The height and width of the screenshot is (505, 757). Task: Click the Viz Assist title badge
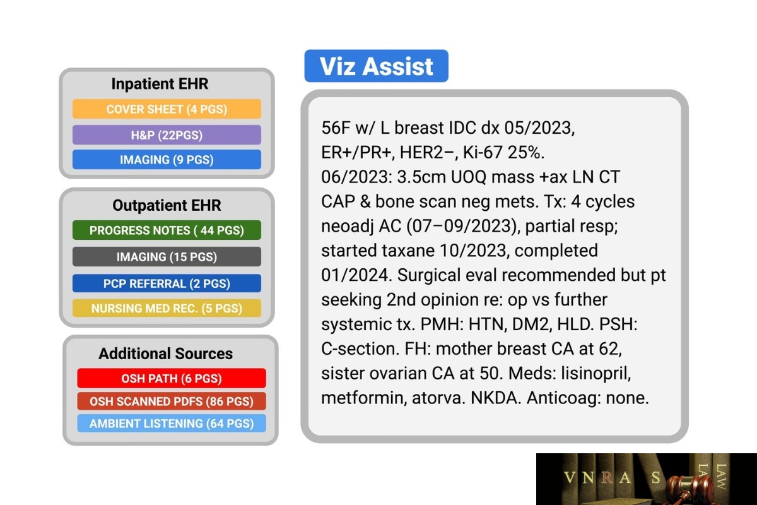tap(376, 66)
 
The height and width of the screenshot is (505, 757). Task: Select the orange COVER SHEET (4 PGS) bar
tap(167, 109)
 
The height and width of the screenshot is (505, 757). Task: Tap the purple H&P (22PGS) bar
tap(167, 135)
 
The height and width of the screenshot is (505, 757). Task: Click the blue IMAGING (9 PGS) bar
tap(167, 159)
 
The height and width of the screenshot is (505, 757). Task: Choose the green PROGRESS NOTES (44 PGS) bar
tap(167, 230)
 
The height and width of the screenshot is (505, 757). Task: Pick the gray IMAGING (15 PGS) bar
tap(167, 257)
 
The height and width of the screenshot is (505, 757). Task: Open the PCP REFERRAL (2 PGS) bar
tap(167, 283)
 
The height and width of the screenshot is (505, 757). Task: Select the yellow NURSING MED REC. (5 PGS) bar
tap(167, 308)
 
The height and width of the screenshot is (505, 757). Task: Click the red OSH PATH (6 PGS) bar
tap(172, 378)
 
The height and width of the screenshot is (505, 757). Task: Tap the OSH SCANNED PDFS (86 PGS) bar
tap(172, 401)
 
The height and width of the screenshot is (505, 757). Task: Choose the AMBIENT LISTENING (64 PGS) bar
tap(172, 423)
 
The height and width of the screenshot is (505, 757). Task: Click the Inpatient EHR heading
tap(160, 83)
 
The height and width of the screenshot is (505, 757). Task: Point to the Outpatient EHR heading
tap(167, 205)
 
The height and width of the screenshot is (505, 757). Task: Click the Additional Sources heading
tap(165, 353)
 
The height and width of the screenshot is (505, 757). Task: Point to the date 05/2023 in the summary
tap(539, 128)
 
